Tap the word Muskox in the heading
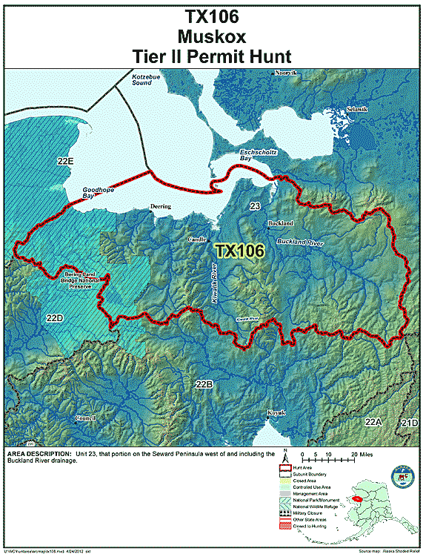pos(213,36)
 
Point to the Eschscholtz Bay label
pos(253,155)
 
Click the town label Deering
pos(160,206)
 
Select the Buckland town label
pos(280,223)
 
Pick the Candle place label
pos(197,240)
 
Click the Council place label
pos(85,418)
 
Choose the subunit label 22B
pos(204,384)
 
